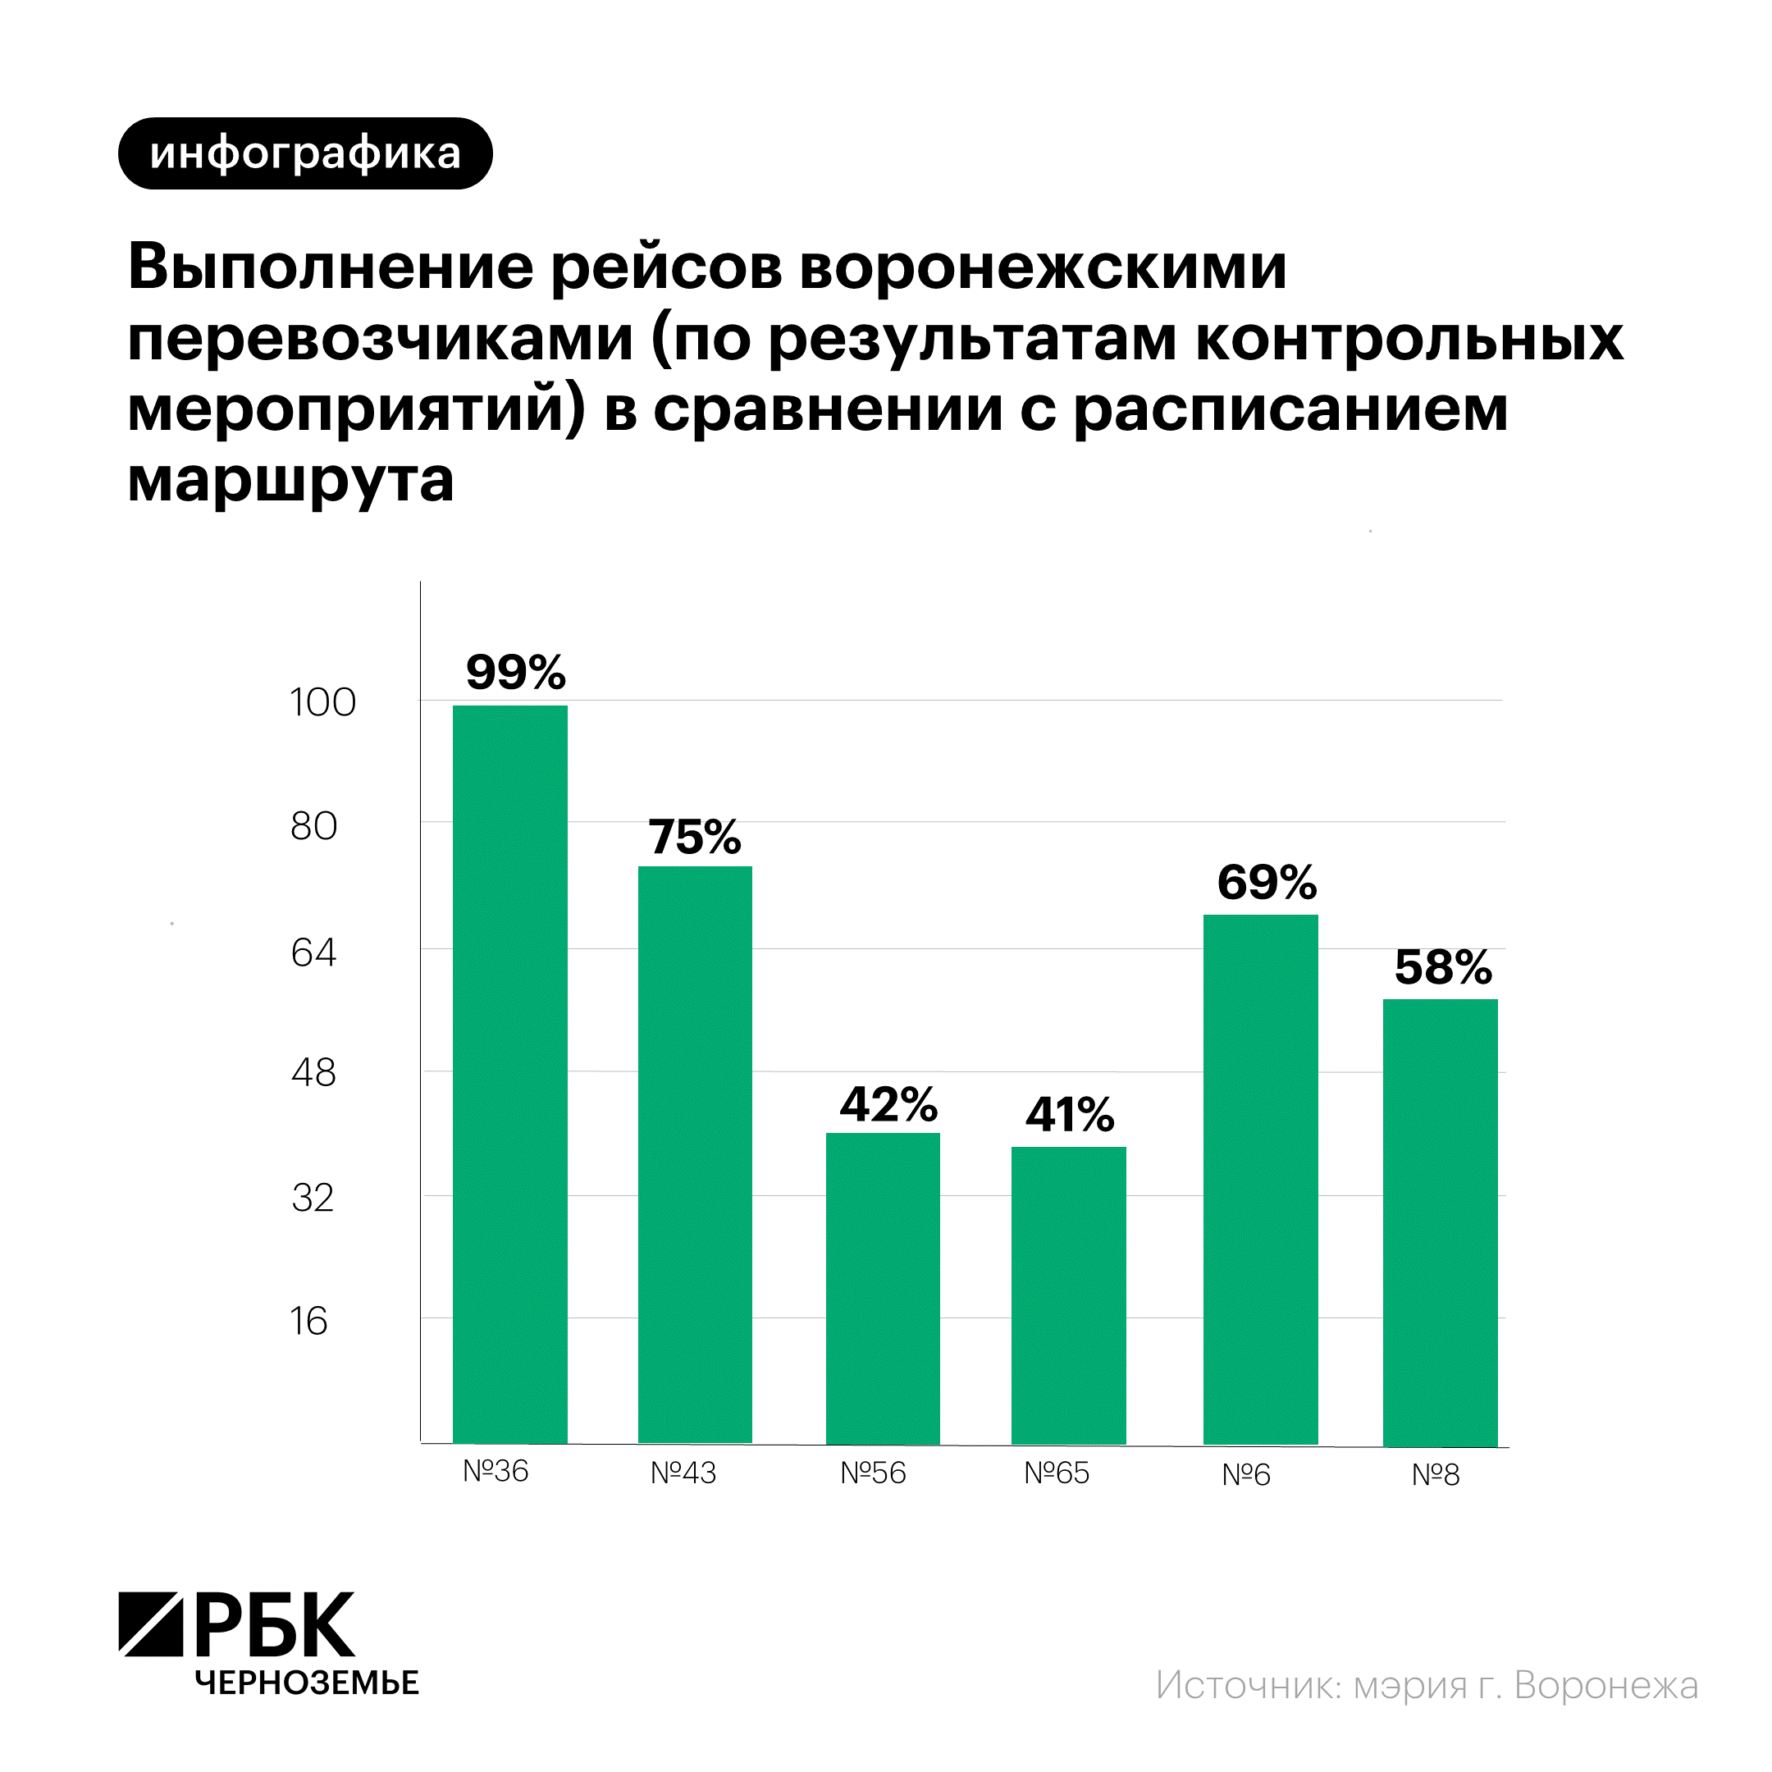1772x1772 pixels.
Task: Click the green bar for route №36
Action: click(510, 1073)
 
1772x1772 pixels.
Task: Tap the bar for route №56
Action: click(883, 1288)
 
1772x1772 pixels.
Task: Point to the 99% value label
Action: click(515, 673)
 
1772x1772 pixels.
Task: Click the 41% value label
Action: click(1070, 1114)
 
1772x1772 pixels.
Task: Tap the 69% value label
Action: click(1267, 883)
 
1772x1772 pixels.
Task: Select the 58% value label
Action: click(1443, 968)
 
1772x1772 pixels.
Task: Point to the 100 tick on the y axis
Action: click(322, 702)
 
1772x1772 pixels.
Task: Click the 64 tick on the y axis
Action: click(313, 953)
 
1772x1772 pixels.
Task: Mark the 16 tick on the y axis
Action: click(308, 1322)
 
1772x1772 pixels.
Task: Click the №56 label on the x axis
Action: click(873, 1473)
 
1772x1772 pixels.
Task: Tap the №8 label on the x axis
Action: click(1436, 1475)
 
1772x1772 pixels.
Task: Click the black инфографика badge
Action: click(305, 154)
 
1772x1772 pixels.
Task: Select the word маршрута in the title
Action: click(290, 479)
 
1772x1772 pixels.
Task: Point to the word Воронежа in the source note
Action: click(1606, 1685)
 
